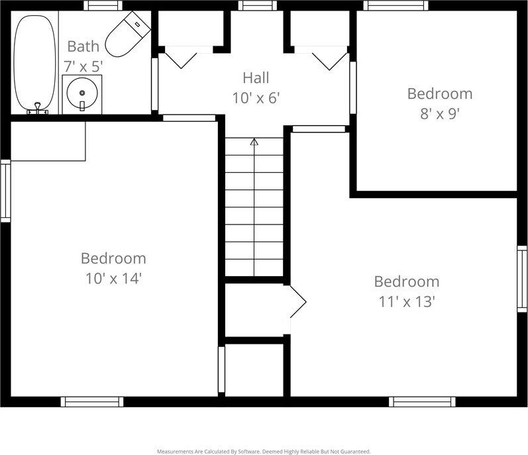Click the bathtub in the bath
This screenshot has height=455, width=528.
(35, 63)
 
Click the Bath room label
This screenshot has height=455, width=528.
(83, 46)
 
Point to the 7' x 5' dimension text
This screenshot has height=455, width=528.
(83, 66)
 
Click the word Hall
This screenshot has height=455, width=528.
(256, 78)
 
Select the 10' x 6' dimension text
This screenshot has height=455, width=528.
(256, 98)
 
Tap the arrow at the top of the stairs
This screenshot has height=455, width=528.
(254, 141)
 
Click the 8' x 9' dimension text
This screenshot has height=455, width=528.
(439, 113)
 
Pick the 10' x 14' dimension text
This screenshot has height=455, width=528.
(113, 278)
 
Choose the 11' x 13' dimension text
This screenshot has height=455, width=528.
(406, 301)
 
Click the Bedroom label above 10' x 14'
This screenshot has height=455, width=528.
(113, 258)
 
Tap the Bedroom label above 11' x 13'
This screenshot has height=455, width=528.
(406, 281)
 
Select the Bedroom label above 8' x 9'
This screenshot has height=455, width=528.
(439, 93)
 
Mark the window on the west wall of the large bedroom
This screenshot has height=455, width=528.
(5, 190)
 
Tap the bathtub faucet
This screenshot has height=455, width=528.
(38, 107)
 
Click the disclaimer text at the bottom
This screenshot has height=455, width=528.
(264, 451)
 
